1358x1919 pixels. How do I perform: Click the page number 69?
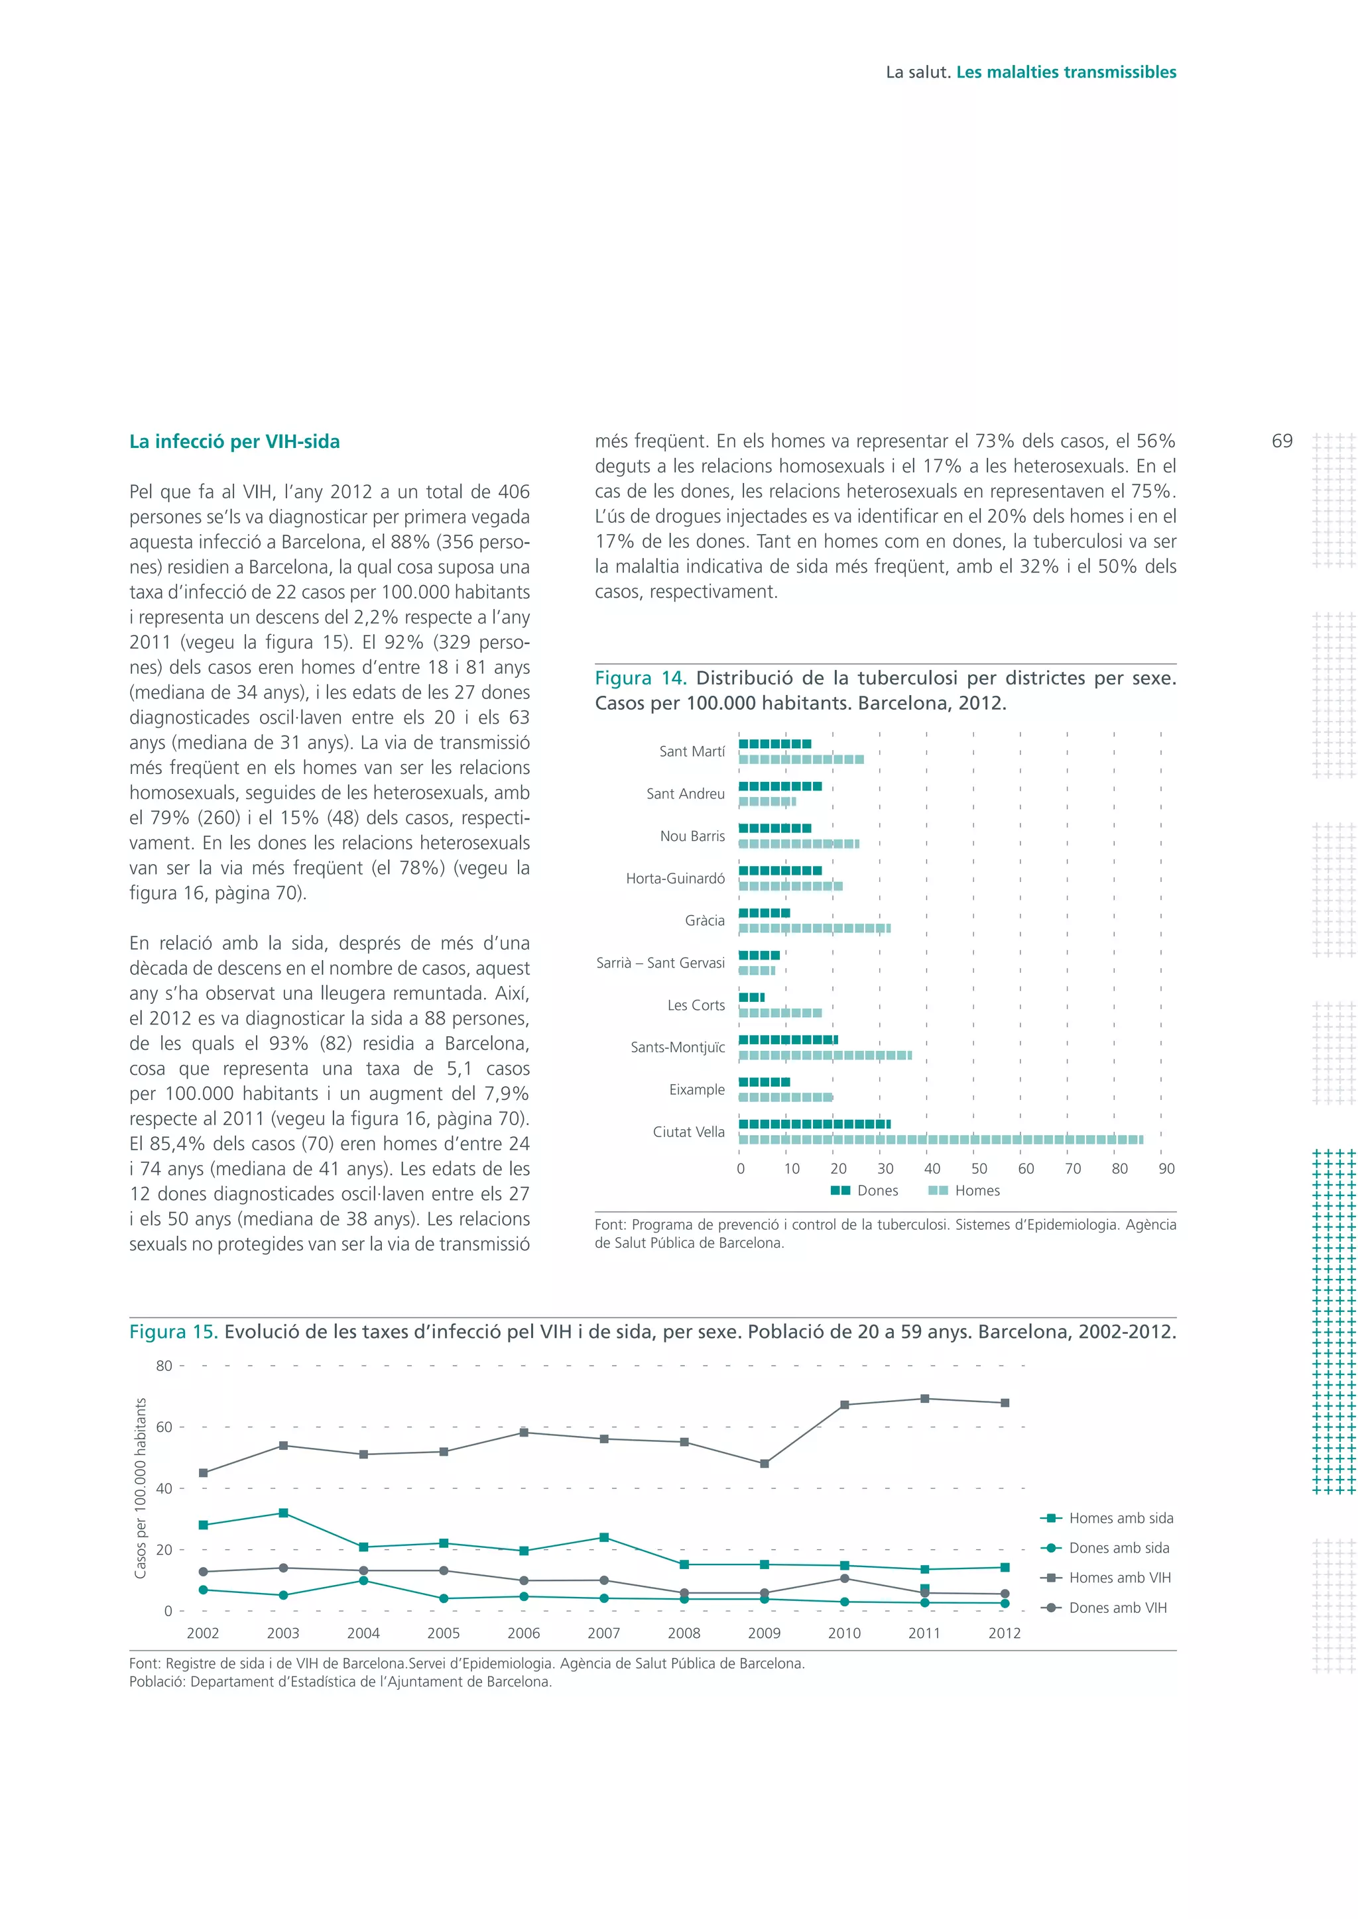click(1281, 441)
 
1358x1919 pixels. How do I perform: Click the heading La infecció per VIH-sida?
click(234, 441)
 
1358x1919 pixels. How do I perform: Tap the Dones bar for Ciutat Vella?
click(814, 1123)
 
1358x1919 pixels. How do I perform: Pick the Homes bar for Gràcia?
click(814, 928)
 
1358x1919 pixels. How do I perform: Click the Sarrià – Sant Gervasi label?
click(660, 962)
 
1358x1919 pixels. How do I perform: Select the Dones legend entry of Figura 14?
click(865, 1190)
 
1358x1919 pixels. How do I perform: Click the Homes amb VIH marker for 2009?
click(765, 1464)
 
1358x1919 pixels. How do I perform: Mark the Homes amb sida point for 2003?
click(284, 1513)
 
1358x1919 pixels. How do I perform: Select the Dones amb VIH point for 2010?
click(845, 1578)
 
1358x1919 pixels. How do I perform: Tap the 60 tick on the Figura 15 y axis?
click(164, 1427)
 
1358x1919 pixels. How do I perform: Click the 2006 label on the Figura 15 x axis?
click(523, 1633)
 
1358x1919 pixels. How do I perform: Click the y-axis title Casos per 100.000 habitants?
click(141, 1488)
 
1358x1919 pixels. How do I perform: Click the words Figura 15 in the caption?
click(173, 1331)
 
